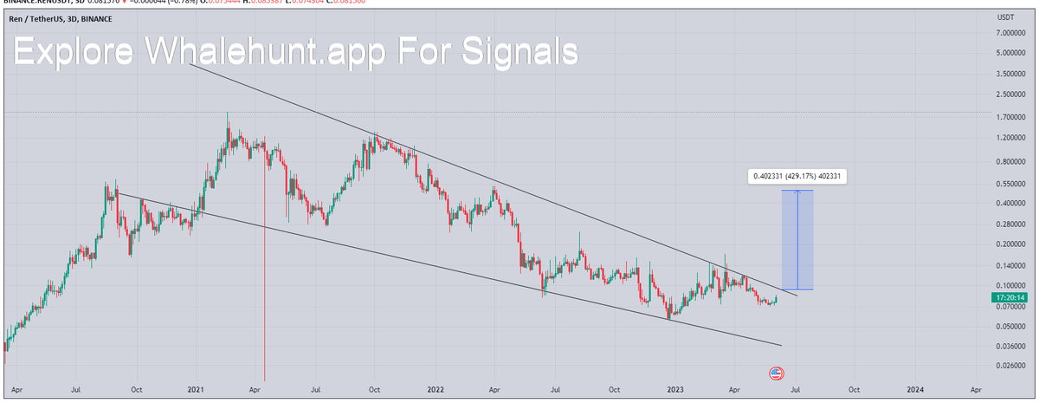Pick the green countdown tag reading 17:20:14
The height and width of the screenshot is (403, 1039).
tap(1010, 297)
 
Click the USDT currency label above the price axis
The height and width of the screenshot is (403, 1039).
tap(1006, 16)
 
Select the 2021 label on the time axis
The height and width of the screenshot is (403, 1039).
tap(195, 390)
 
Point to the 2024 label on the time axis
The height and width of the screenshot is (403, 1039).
tap(914, 390)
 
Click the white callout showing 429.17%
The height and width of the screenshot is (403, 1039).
tap(797, 177)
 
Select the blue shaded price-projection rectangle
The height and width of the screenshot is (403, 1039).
tap(797, 239)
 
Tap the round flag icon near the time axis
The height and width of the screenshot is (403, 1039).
tap(776, 374)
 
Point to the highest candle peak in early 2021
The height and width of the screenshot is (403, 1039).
tap(228, 114)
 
